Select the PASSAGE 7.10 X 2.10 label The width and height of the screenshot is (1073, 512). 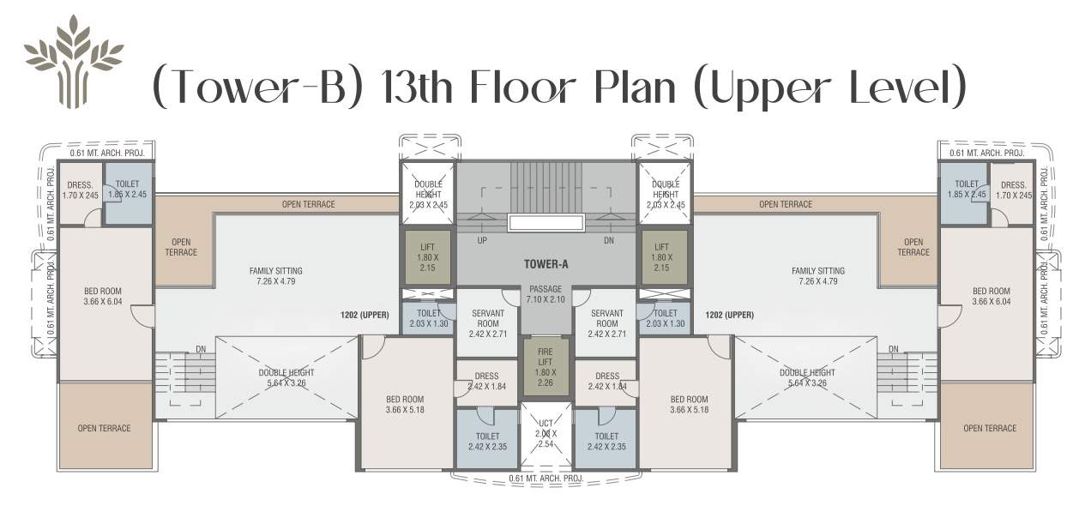(546, 294)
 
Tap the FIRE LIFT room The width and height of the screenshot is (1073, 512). (546, 367)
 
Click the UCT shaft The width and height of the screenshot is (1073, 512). (546, 434)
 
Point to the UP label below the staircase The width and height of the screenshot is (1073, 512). (482, 241)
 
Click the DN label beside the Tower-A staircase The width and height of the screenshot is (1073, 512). (609, 241)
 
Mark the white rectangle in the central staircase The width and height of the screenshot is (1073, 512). (546, 223)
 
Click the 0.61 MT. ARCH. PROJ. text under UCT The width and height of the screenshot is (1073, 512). (546, 478)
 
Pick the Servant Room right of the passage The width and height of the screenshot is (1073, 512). (606, 320)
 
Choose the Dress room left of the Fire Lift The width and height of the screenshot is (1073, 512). (486, 381)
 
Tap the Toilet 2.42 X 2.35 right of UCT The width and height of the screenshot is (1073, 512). (606, 440)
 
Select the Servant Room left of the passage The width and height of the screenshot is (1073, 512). (486, 320)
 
